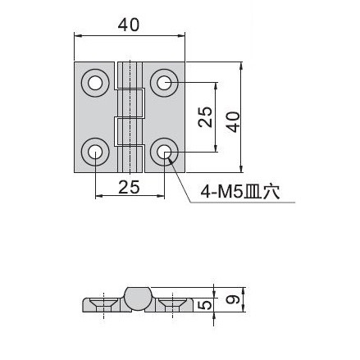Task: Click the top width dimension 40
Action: [x=129, y=25]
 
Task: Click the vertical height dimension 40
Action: [x=234, y=121]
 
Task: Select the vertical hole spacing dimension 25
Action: [x=205, y=116]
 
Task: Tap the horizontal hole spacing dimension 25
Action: [x=129, y=187]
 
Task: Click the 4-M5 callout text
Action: [x=240, y=192]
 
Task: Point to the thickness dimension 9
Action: [x=233, y=299]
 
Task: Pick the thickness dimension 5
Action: [x=206, y=304]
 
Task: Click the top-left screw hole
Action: [x=95, y=83]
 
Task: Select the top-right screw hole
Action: [x=164, y=83]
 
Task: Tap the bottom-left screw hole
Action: [x=95, y=152]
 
